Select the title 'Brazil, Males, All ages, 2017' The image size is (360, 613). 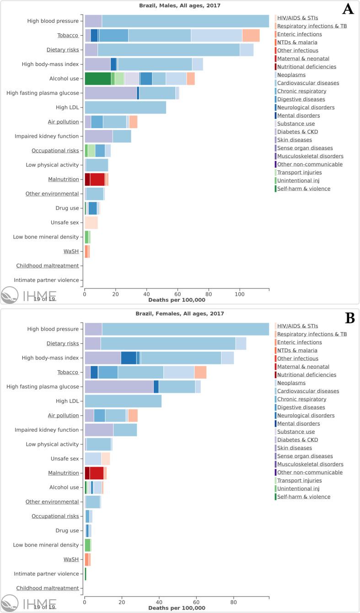point(177,6)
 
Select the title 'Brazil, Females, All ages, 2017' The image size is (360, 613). point(177,314)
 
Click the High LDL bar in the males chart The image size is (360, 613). point(125,107)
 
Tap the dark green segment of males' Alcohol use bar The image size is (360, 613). point(97,78)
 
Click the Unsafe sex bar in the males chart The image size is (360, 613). point(91,222)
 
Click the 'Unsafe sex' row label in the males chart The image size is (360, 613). point(65,222)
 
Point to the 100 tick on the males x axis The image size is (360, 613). point(239,294)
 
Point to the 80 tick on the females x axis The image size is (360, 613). point(234,602)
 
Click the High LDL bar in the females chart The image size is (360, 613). point(123,401)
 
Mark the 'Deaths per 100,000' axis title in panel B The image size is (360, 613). point(177,608)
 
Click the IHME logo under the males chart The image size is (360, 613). point(28,295)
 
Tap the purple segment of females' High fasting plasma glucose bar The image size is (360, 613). point(119,386)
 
